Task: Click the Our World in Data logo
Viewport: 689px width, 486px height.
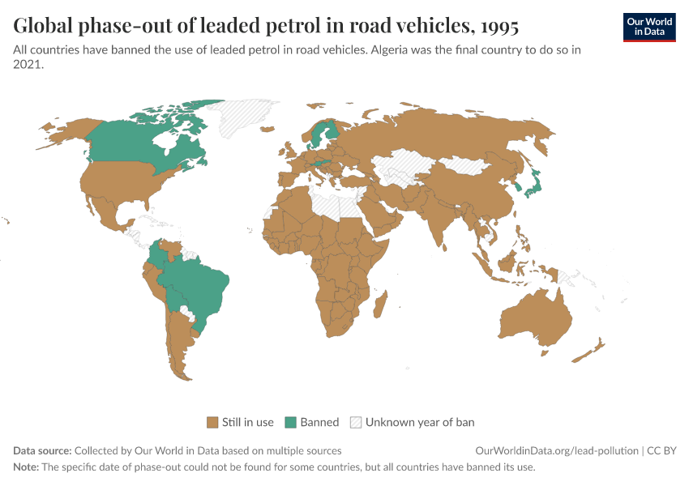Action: click(648, 27)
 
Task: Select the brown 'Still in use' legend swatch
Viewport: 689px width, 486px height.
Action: click(212, 422)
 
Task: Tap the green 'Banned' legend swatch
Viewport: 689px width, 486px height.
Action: click(290, 422)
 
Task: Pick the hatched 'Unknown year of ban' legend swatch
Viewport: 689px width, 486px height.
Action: click(355, 422)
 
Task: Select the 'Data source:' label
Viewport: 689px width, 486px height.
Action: click(42, 450)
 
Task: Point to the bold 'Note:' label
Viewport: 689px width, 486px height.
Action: click(27, 467)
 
